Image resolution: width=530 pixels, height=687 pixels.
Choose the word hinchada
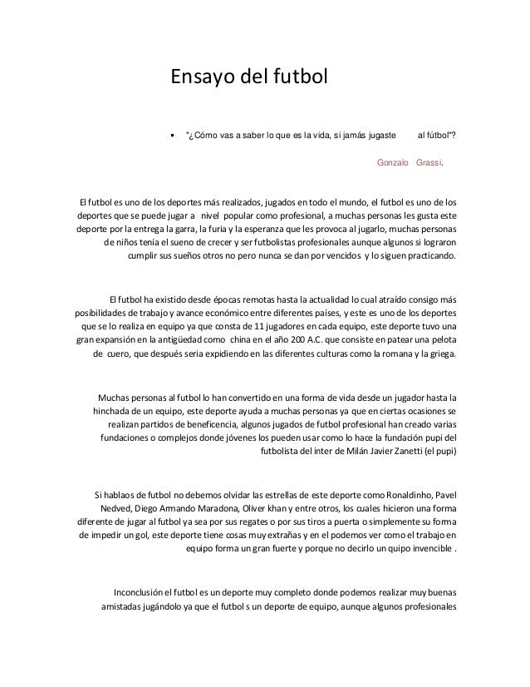(115, 411)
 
